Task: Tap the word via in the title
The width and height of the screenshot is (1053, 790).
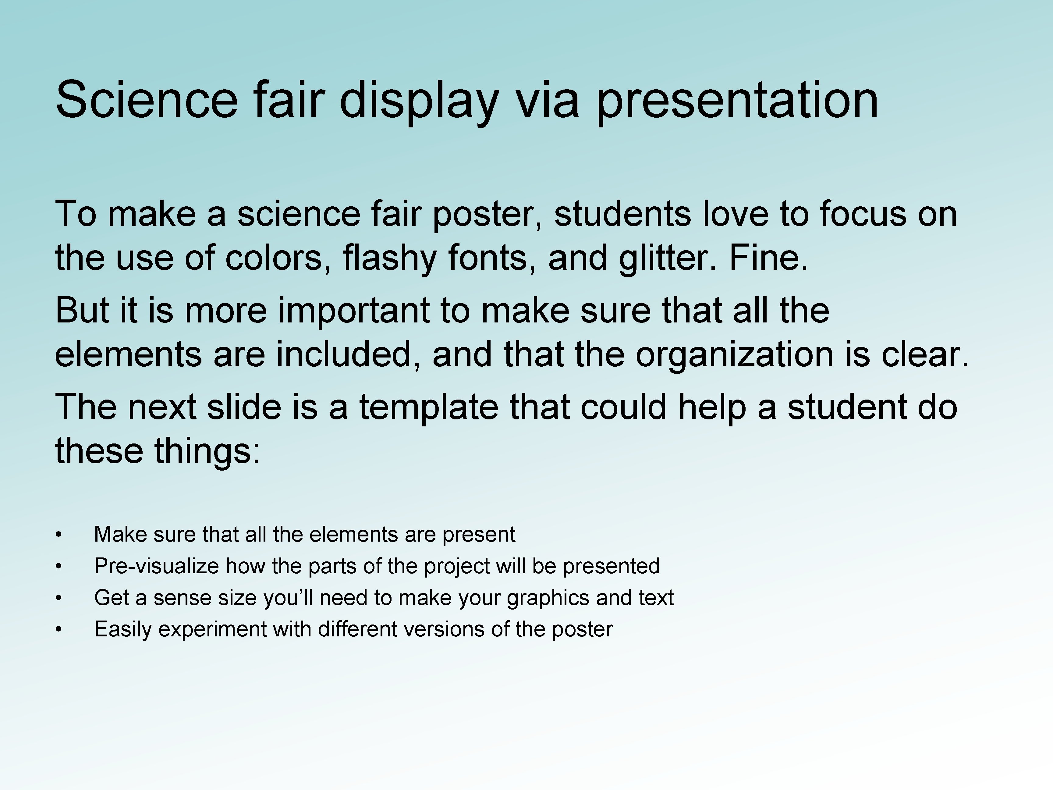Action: [x=548, y=100]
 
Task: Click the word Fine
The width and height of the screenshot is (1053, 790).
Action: [x=768, y=258]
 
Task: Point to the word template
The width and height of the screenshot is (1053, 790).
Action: [x=428, y=407]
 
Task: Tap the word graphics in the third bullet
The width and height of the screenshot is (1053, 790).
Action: [x=548, y=598]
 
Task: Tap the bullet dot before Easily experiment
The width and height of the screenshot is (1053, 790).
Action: [x=58, y=629]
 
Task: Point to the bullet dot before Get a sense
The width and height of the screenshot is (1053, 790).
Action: [x=58, y=598]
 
